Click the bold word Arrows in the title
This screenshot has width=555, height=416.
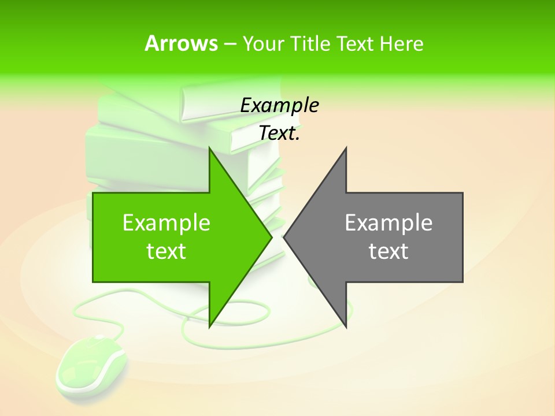[181, 44]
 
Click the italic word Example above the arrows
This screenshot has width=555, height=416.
[279, 105]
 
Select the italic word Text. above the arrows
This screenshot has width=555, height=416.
[279, 133]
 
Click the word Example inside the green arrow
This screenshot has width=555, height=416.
[166, 222]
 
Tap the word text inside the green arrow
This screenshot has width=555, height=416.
[166, 251]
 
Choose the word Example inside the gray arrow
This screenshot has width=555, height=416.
[388, 222]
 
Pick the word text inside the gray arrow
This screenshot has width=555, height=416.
[388, 251]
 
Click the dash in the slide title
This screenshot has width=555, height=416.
[230, 44]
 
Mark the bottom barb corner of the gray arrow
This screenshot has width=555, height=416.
[346, 326]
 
